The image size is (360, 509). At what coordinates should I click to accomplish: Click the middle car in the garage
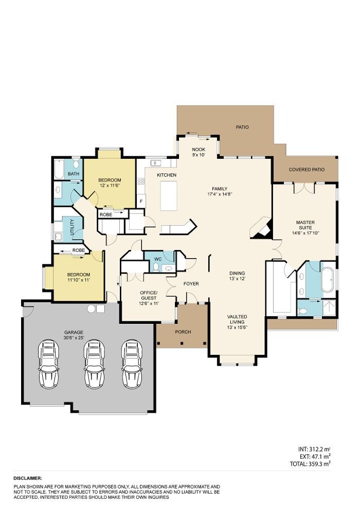tap(94, 363)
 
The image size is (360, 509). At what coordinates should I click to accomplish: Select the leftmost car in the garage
tap(50, 363)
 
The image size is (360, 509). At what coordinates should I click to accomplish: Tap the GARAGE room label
tap(74, 332)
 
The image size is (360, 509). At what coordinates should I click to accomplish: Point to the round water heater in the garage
tap(92, 308)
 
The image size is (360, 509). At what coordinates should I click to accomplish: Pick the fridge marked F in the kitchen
tap(141, 201)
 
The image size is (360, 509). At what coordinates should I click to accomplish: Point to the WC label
tap(158, 259)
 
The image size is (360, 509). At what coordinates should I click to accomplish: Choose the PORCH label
tap(183, 332)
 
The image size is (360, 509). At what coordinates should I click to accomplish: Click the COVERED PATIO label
tap(307, 169)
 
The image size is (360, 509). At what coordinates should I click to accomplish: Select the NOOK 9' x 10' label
tap(199, 151)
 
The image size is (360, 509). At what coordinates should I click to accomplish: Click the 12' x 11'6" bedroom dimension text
tap(109, 186)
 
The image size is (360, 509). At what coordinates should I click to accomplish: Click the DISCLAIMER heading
tap(28, 478)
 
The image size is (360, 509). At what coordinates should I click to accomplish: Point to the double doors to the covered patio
tap(303, 188)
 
